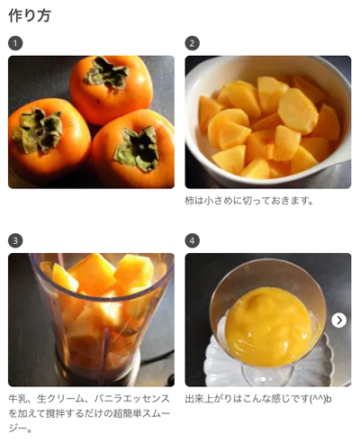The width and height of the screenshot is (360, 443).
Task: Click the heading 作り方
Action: (30, 15)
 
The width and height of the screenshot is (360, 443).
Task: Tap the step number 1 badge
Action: (15, 43)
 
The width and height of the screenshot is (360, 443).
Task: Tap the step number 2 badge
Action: (192, 43)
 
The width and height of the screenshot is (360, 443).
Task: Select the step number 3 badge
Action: (15, 240)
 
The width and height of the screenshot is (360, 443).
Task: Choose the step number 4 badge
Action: (192, 240)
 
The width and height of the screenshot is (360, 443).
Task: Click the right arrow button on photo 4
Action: (339, 321)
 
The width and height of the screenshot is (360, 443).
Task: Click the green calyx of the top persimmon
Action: (106, 73)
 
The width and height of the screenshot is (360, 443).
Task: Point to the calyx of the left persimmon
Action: (38, 130)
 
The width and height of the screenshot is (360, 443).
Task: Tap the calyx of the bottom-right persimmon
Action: (138, 148)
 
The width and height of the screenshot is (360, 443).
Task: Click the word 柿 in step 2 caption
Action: (189, 201)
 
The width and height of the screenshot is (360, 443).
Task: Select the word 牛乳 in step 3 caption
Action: (17, 399)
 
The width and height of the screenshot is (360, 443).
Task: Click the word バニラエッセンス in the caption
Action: (132, 399)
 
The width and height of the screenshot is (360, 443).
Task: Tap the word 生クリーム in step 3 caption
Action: (60, 399)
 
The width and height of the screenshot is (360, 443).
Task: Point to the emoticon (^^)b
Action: (320, 400)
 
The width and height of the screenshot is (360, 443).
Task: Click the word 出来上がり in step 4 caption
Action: (209, 399)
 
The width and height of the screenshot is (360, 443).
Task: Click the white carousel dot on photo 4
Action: (263, 380)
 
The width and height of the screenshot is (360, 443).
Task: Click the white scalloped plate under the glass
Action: (222, 360)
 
